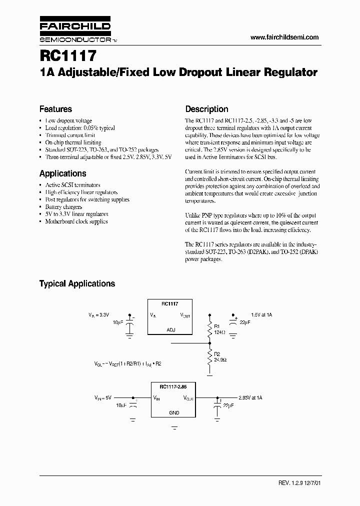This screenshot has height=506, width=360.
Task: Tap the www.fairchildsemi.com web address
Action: click(284, 37)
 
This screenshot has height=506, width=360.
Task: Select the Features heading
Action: click(55, 109)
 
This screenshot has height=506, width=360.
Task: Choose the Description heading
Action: click(206, 109)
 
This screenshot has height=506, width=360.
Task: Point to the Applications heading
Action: click(62, 173)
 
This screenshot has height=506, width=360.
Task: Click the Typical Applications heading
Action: click(77, 283)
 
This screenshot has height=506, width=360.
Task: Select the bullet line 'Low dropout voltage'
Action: click(68, 120)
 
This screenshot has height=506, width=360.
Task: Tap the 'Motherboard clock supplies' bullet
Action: click(76, 221)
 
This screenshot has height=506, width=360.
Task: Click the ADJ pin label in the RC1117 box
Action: click(170, 330)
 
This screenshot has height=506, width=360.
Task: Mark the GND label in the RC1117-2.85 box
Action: click(174, 413)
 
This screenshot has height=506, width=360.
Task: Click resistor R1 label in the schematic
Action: click(216, 325)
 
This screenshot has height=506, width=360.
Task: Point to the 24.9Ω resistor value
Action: click(220, 359)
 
